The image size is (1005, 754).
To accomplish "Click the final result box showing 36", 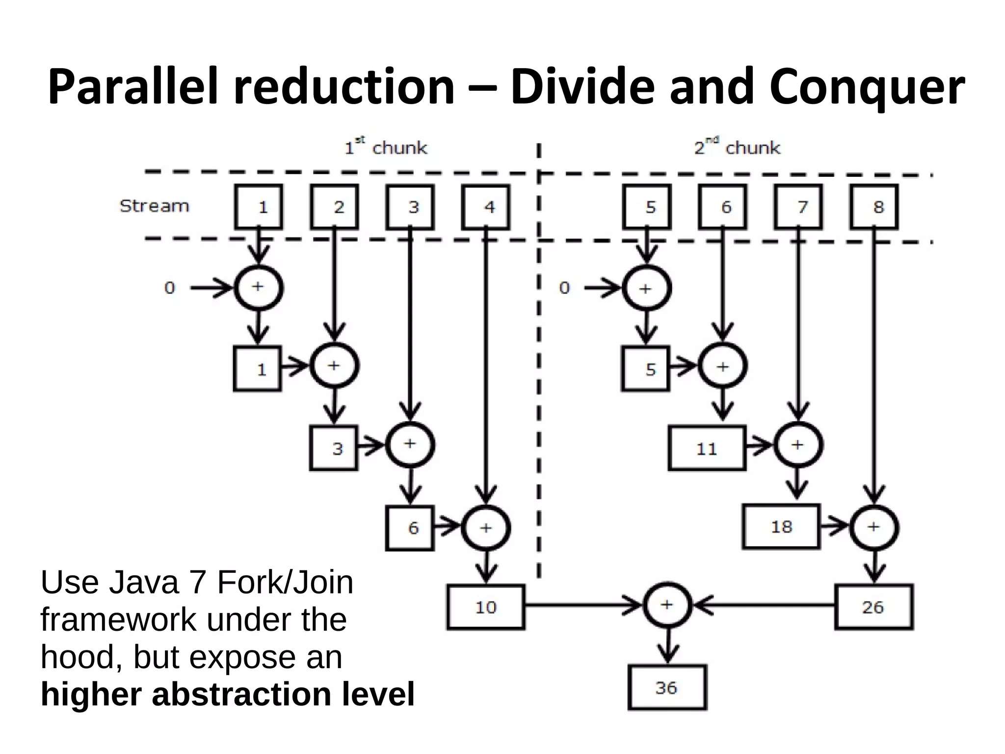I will point(667,687).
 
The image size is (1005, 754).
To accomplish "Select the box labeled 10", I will point(486,607).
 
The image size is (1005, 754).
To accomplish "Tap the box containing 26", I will point(873,607).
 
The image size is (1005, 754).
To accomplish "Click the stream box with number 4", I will point(486,207).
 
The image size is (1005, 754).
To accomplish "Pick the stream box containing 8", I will point(874,207).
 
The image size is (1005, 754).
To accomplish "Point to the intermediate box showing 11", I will point(707,449).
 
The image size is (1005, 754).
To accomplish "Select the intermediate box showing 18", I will point(781,527).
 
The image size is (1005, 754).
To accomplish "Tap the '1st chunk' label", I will point(386,147).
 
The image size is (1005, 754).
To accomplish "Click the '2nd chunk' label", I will point(737,147).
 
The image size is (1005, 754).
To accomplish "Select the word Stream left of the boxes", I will point(154,206).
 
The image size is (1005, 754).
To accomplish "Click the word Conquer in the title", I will point(867,87).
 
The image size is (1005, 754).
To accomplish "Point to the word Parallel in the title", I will point(132,87).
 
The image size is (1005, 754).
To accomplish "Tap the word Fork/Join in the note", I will point(285,583).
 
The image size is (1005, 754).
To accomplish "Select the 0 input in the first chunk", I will point(169,288).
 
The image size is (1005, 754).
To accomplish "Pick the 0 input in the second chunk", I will point(564,288).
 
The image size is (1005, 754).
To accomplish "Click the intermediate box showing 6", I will point(410,528).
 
